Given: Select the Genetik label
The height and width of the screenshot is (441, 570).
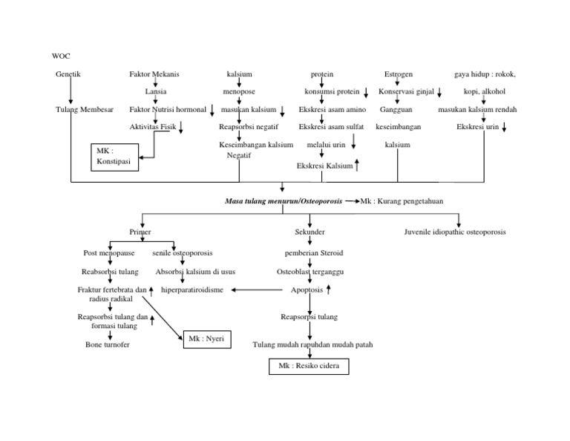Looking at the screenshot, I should [68, 74].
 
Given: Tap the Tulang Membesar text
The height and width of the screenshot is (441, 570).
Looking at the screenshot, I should [85, 109].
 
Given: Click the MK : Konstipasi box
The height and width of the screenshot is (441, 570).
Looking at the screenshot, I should [115, 157].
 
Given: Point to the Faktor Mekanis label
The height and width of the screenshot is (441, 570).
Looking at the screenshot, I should [154, 74].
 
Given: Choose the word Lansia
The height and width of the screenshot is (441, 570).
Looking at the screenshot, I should [155, 92].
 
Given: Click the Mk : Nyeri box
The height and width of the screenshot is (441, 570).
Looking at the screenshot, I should [206, 339].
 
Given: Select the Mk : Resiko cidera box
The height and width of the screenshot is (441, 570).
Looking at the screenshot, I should [308, 367].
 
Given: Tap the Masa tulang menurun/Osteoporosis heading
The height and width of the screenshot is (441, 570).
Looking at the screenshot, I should [284, 201].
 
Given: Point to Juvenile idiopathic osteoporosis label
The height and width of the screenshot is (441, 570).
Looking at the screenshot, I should [455, 232].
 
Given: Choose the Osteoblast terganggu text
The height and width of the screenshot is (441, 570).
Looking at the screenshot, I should [310, 272].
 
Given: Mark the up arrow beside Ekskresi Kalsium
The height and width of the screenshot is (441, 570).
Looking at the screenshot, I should [358, 166].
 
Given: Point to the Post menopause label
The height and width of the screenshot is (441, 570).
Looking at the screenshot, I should [108, 253].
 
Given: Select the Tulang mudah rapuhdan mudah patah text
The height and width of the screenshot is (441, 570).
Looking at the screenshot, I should [312, 344].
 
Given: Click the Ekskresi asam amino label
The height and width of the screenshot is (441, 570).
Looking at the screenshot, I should [332, 109].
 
